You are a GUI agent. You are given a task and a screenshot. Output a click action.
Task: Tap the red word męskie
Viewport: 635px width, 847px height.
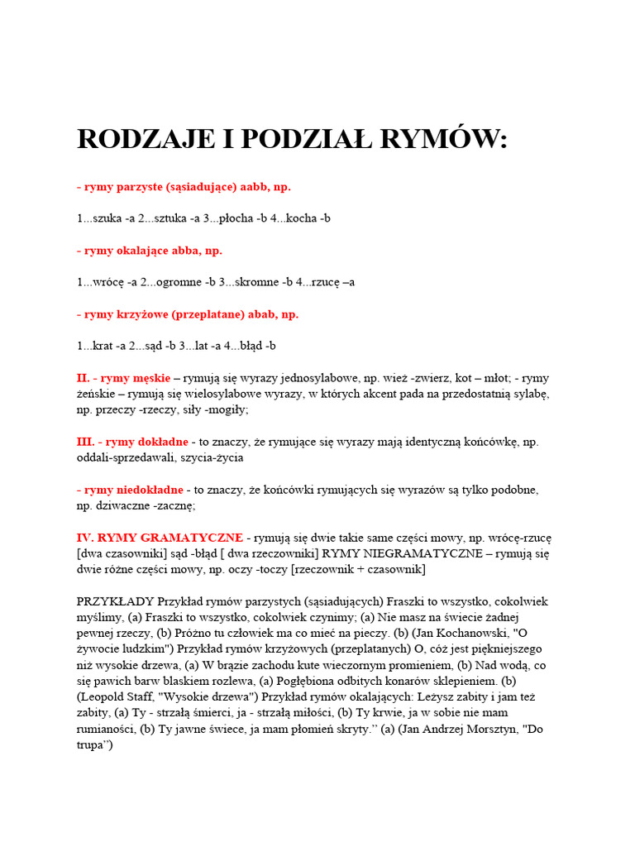click(147, 378)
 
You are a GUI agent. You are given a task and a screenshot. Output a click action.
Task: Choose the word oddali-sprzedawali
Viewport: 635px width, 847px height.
click(128, 457)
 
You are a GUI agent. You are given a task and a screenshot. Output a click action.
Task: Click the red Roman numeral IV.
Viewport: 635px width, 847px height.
click(86, 538)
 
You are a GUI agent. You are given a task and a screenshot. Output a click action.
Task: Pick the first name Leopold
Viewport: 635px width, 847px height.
click(102, 697)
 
